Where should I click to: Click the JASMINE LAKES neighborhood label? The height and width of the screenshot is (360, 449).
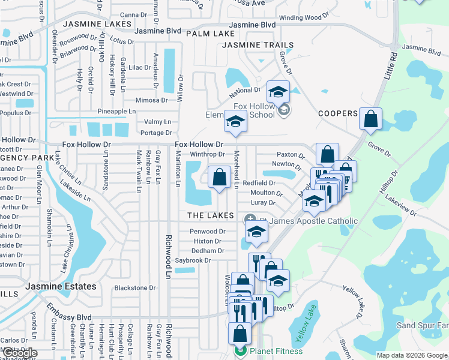tap(97, 24)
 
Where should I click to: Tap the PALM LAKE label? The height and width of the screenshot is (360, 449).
tap(210, 34)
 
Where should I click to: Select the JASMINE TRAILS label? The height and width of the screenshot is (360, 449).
tap(258, 45)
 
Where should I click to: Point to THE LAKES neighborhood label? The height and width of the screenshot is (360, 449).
tap(211, 215)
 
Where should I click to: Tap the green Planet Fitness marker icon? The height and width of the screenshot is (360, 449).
tap(240, 351)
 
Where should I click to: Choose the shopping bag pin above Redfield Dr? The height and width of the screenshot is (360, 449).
tap(219, 177)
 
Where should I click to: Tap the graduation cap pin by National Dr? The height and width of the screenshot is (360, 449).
tap(278, 92)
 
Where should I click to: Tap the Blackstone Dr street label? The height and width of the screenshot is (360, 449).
tap(135, 287)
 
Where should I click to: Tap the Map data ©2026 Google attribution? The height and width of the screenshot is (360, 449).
tap(411, 355)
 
